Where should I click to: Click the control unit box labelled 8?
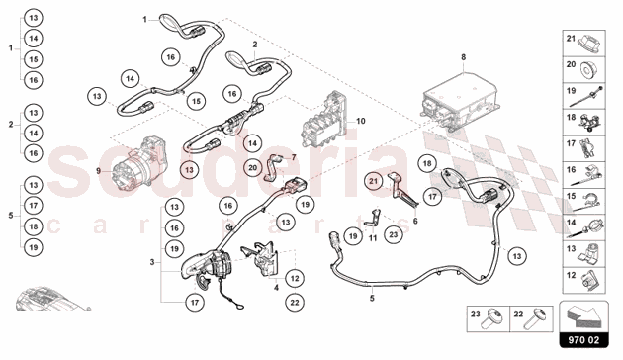point(459,101)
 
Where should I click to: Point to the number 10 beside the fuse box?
point(360,121)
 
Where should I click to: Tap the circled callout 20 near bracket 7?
point(253,168)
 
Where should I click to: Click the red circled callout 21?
point(374,181)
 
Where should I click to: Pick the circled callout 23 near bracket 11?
point(394,234)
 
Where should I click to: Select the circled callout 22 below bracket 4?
point(295,303)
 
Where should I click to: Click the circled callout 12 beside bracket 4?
point(295,278)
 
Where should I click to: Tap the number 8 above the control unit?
point(463,57)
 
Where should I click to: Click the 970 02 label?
point(583,340)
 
